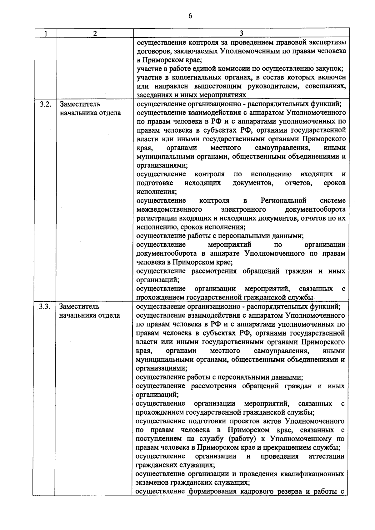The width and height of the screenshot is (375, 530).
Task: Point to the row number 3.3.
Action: pos(45,306)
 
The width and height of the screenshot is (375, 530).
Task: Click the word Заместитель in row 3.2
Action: pos(80,104)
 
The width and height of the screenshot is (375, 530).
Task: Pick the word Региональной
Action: pos(283,200)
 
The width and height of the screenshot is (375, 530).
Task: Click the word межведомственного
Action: pos(169,209)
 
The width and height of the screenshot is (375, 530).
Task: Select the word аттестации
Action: pos(326,456)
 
